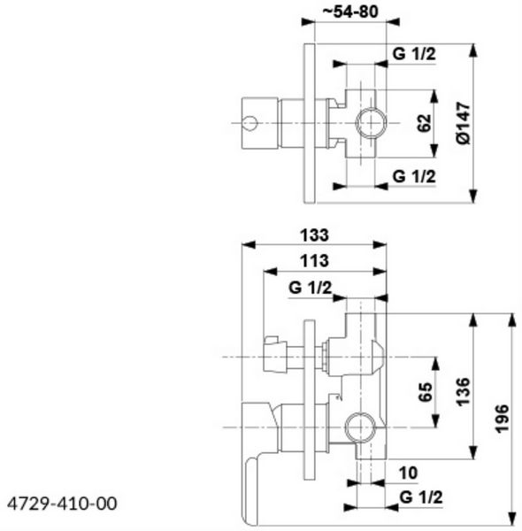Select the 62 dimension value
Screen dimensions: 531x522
click(x=426, y=123)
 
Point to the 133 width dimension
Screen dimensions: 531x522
click(x=314, y=235)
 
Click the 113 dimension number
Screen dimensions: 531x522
click(x=314, y=261)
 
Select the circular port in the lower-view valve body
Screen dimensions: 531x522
click(x=358, y=428)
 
